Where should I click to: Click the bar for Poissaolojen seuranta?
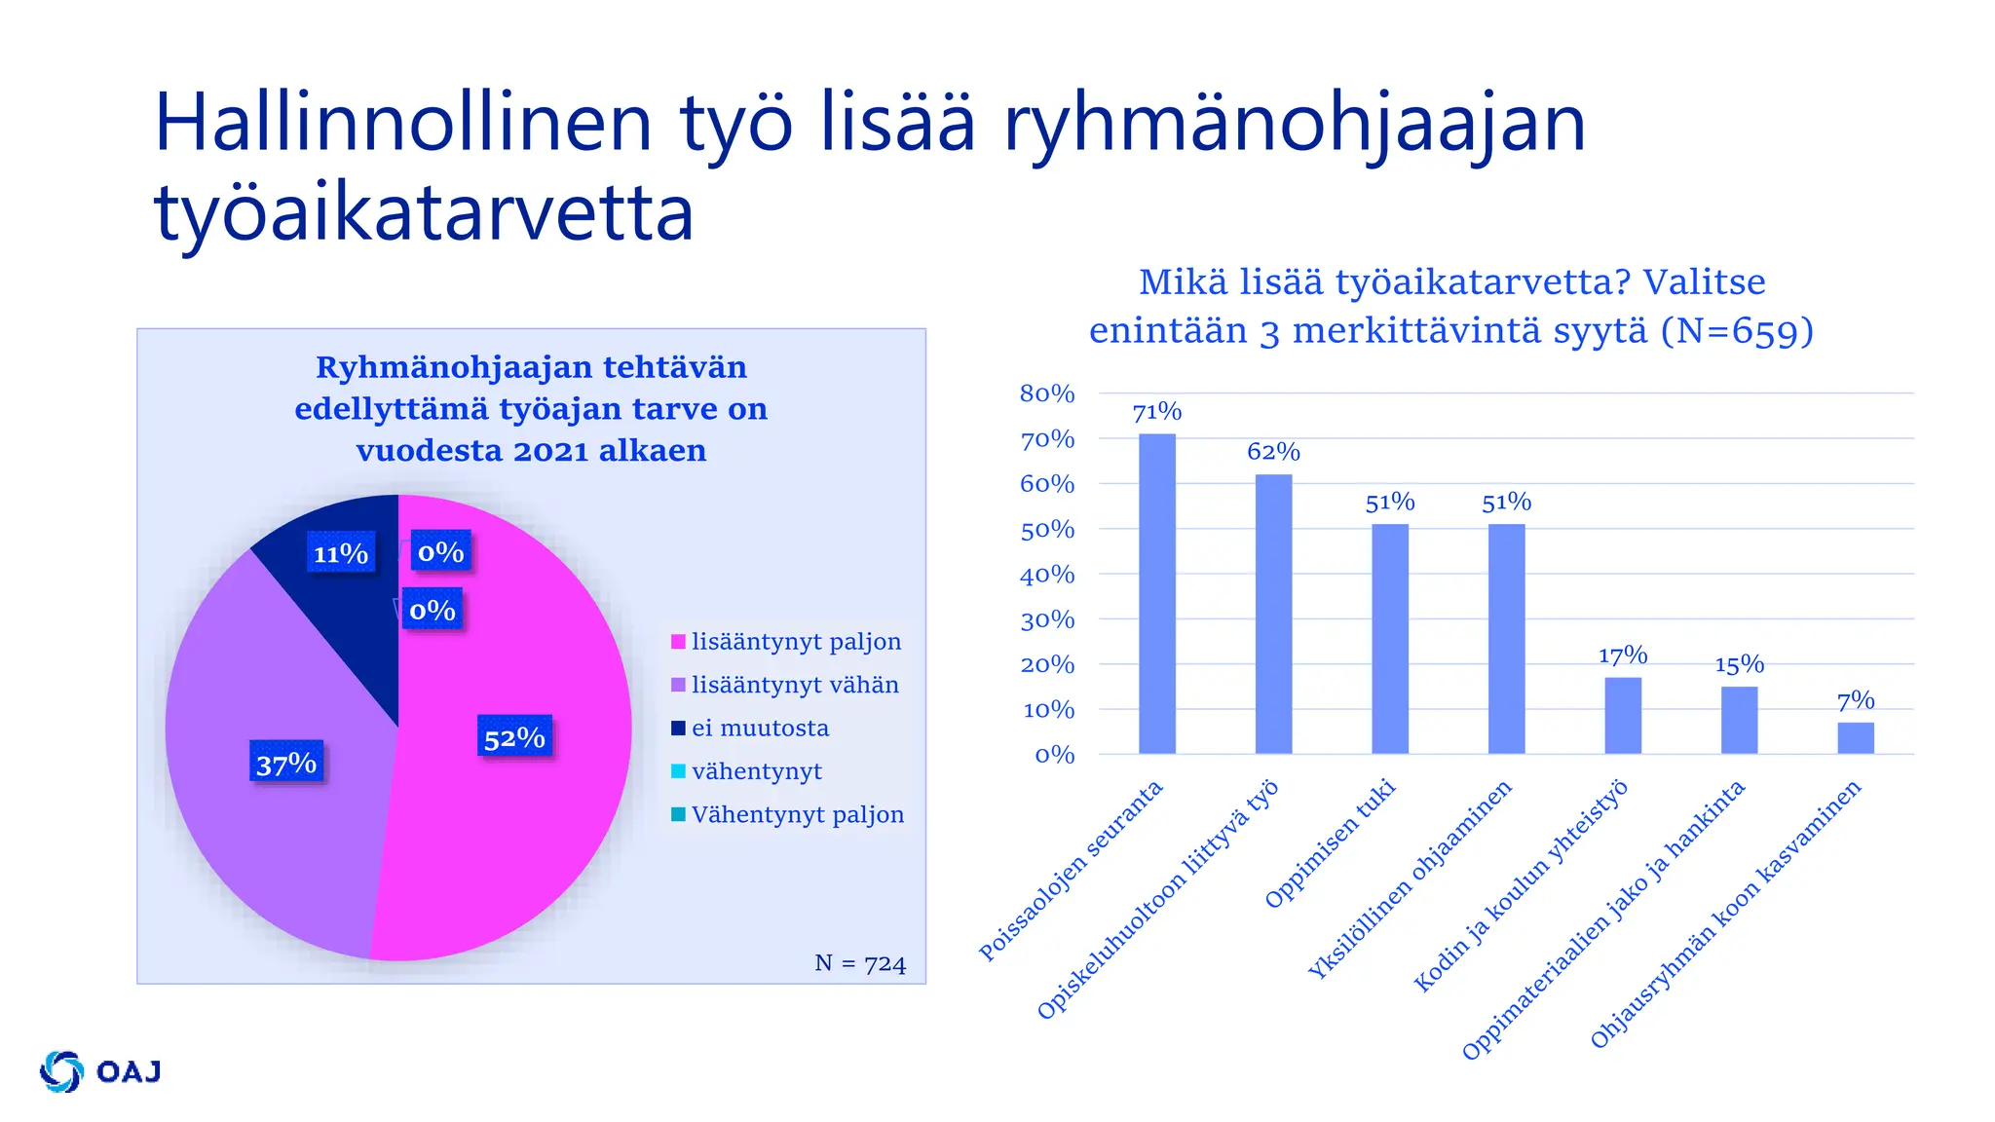[1156, 594]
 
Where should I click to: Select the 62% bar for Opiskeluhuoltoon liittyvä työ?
[1273, 615]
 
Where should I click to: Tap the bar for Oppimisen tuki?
[1390, 639]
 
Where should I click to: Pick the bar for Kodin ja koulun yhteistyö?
[1623, 716]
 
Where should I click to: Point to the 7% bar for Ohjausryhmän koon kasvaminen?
[1856, 738]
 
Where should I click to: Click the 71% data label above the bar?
[1157, 413]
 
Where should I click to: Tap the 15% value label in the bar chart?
[1740, 665]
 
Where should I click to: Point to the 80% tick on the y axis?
[1047, 394]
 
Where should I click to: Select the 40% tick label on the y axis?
[1047, 575]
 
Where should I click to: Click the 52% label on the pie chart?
[514, 737]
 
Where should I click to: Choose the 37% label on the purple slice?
[286, 763]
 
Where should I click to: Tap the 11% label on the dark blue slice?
[340, 553]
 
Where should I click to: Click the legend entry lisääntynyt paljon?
[796, 642]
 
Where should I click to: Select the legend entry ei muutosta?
[760, 729]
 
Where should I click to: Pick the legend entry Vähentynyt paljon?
[797, 814]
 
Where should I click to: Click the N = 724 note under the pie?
[860, 963]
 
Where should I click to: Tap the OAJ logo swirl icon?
[62, 1071]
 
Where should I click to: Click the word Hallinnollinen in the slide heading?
[402, 123]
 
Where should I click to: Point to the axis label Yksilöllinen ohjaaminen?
[1411, 879]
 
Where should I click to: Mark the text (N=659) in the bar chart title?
[1737, 331]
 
